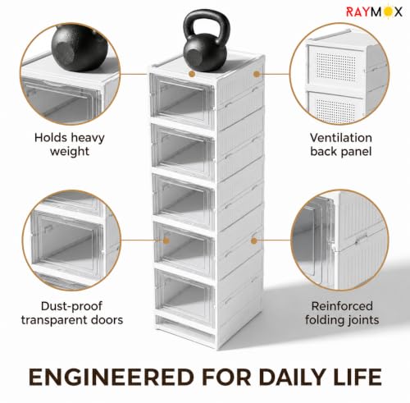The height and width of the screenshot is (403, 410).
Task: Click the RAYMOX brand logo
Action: pyautogui.click(x=374, y=11)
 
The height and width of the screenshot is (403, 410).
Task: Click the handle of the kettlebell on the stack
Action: pyautogui.click(x=207, y=23)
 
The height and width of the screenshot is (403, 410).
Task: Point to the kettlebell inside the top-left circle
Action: pyautogui.click(x=80, y=48)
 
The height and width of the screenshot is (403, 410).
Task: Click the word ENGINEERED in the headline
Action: pyautogui.click(x=111, y=378)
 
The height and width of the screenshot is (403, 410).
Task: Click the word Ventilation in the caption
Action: pyautogui.click(x=341, y=138)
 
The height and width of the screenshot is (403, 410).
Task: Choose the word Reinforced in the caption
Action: pyautogui.click(x=342, y=306)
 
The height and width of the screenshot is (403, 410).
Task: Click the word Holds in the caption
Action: pyautogui.click(x=50, y=138)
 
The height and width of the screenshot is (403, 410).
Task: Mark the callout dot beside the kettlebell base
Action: pyautogui.click(x=192, y=74)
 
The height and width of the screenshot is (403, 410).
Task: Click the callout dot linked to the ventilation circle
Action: pyautogui.click(x=257, y=74)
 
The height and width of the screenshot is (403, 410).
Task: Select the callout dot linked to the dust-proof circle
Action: pyautogui.click(x=166, y=240)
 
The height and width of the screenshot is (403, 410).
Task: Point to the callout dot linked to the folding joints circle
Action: pyautogui.click(x=254, y=240)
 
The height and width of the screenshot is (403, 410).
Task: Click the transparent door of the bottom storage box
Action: pyautogui.click(x=184, y=293)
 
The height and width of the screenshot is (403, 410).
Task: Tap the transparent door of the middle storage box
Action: pyautogui.click(x=184, y=201)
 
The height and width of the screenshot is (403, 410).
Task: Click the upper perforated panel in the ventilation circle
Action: pyautogui.click(x=337, y=66)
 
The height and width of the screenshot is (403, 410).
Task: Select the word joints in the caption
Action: pyautogui.click(x=362, y=320)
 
